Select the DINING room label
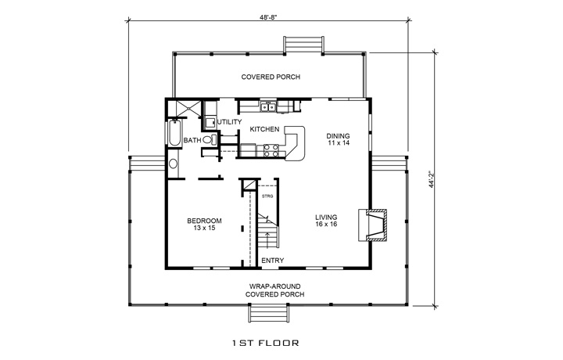[x=339, y=135]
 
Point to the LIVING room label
[x=326, y=218]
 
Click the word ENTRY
[x=272, y=261]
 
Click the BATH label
[x=192, y=141]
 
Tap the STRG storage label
[x=266, y=196]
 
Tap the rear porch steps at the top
[x=303, y=44]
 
